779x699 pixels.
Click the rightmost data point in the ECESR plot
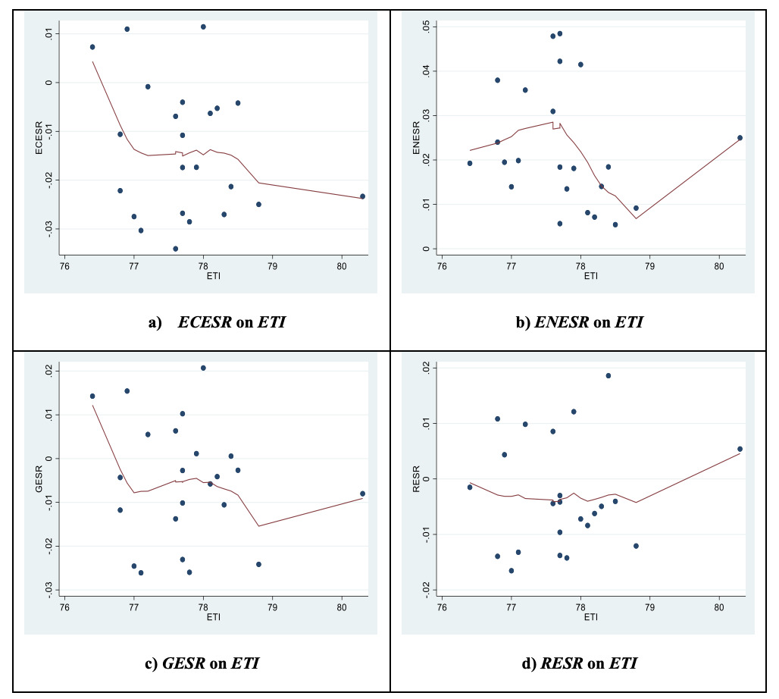click(362, 196)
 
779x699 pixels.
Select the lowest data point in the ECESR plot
click(176, 249)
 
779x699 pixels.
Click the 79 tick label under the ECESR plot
click(272, 265)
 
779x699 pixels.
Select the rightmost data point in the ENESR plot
click(740, 138)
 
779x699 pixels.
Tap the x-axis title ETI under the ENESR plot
click(590, 276)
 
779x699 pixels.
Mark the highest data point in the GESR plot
click(203, 368)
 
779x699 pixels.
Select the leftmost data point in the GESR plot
click(92, 396)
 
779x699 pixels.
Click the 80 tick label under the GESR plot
click(341, 607)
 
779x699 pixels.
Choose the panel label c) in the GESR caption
click(151, 663)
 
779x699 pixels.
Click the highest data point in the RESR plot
click(608, 375)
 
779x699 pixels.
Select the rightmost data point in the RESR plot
click(740, 449)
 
